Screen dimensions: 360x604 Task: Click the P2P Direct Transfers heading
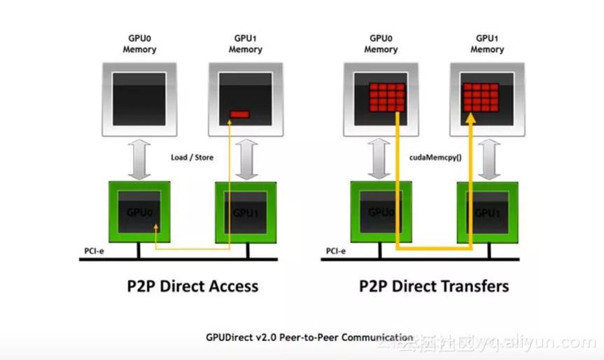(x=434, y=286)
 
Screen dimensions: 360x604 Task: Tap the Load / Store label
(x=192, y=158)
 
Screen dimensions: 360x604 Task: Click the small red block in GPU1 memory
(x=240, y=113)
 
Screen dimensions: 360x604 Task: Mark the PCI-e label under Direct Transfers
(x=335, y=251)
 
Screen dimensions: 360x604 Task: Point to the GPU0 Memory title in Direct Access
(x=139, y=44)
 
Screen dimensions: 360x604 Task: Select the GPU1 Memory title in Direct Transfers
(x=486, y=44)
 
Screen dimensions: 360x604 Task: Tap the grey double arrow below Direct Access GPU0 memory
(x=139, y=159)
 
